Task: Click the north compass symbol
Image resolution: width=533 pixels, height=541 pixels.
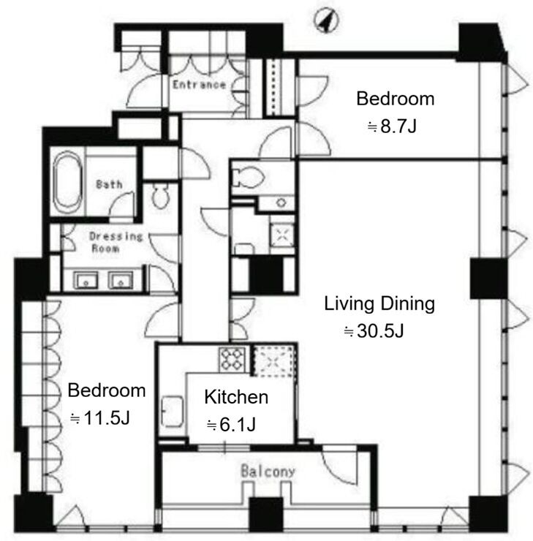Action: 326,20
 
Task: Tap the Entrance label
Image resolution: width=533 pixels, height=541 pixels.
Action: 199,85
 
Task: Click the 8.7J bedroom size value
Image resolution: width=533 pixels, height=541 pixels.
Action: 392,126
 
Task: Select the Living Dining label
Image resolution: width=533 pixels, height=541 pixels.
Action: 379,304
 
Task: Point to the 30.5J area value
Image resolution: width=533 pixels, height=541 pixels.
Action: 374,331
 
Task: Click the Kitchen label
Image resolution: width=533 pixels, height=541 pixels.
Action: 236,397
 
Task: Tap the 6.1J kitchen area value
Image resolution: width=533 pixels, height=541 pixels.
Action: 231,425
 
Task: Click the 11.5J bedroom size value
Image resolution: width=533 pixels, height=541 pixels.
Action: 100,418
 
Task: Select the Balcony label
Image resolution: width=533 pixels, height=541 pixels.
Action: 268,471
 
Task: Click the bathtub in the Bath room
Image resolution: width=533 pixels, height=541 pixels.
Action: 67,183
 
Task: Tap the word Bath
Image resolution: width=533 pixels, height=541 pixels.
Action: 109,184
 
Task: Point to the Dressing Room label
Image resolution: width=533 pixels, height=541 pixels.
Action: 116,242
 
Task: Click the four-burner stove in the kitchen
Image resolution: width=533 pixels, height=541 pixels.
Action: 233,359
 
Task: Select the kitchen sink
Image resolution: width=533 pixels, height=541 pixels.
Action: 172,412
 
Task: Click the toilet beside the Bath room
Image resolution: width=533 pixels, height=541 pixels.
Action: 160,197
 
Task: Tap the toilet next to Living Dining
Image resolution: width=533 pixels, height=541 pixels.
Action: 247,178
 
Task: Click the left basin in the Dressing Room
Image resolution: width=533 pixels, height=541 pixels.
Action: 86,280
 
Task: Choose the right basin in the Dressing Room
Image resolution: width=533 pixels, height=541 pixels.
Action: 121,280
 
